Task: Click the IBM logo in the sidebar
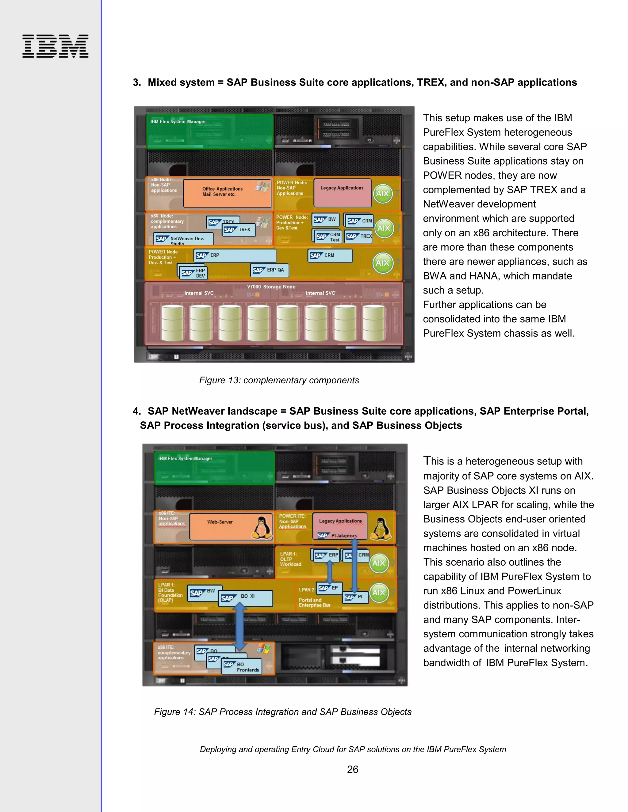[55, 46]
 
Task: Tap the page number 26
[352, 769]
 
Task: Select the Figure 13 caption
[279, 380]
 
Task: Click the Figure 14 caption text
[283, 711]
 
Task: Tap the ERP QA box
[269, 270]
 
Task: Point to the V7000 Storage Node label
[271, 287]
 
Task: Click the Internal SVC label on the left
[199, 293]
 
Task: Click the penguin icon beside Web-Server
[262, 527]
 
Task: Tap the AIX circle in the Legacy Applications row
[383, 194]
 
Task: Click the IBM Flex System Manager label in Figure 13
[178, 122]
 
